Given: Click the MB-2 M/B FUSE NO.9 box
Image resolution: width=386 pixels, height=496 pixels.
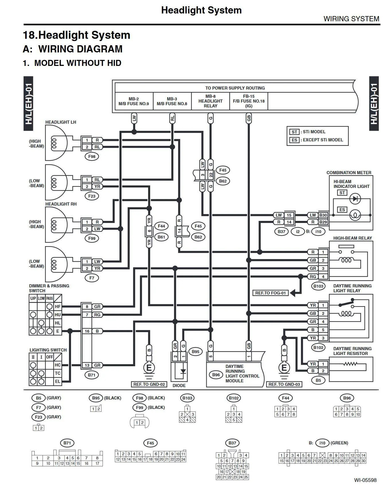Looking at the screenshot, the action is pos(134,101).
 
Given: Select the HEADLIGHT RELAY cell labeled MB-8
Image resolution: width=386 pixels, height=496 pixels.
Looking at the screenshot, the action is pos(210,101).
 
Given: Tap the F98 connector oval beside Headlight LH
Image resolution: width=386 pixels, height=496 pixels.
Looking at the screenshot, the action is pos(92,156).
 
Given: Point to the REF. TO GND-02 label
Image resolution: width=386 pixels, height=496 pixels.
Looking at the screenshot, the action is pos(149,384).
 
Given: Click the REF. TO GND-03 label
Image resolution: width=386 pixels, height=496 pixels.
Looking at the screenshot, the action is pos(284,384).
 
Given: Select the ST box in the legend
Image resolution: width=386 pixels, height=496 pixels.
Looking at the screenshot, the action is pos(294,132).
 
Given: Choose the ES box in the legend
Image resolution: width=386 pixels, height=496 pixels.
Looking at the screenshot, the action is pos(294,140).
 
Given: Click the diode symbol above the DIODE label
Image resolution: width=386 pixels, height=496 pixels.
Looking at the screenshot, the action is pos(183,372).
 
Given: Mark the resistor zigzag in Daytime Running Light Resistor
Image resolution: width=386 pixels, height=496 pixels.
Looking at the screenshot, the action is pos(350,364).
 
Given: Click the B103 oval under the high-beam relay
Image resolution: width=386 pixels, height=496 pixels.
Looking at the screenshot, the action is pos(318,286).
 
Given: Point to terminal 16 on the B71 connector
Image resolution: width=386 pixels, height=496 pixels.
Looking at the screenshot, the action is pos(87,331).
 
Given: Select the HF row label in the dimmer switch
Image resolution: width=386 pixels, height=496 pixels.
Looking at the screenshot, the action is pos(58,306).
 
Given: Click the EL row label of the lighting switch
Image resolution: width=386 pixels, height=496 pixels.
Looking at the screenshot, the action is pos(58,381).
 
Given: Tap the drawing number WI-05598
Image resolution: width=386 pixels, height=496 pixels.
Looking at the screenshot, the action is pos(365,480).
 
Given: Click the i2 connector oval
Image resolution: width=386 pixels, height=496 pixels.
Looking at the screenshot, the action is pos(298,231).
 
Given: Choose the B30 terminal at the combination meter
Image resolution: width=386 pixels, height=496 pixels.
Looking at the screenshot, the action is pos(323,215).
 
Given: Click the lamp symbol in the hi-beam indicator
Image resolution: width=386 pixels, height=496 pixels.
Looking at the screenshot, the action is pos(355,215).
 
